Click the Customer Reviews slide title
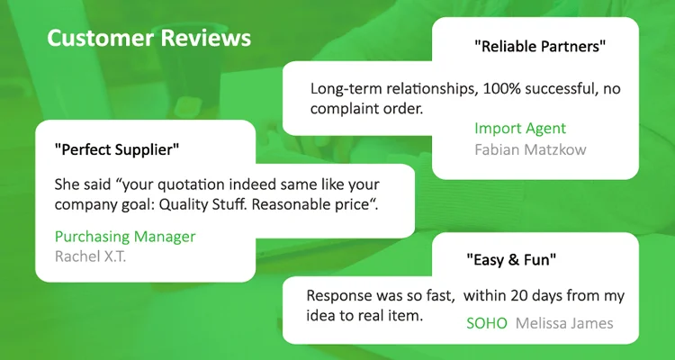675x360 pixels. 148,38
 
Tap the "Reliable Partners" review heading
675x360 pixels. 540,46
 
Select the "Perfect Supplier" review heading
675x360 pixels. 117,150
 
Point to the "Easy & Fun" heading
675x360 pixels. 511,260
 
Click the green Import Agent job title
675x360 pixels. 520,129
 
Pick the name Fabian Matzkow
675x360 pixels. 530,149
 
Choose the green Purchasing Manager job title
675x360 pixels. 125,237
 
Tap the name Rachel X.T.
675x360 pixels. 90,256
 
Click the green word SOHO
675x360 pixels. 487,323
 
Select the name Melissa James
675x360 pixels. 564,323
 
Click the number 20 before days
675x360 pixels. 519,296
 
